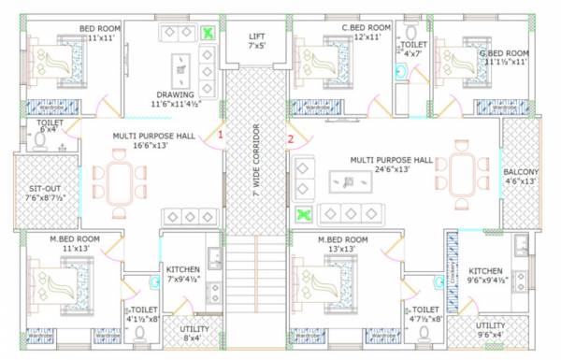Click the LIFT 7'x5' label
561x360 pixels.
pos(256,39)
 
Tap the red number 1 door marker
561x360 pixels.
pos(221,135)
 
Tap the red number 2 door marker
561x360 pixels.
pos(291,139)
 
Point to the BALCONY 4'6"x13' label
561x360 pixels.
pos(521,177)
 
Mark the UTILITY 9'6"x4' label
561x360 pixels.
pos(491,329)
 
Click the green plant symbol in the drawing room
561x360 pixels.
pos(208,34)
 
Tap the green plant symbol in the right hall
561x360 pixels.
pos(303,216)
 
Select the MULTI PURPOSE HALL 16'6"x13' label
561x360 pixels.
pos(154,140)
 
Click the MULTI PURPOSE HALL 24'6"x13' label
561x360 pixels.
pos(391,165)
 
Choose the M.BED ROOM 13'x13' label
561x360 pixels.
pos(342,244)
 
